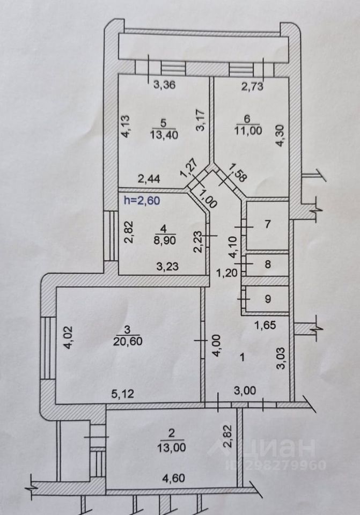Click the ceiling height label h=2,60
(x=142, y=200)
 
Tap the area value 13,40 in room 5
(x=164, y=135)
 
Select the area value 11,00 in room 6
(x=248, y=130)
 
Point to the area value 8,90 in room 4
(x=165, y=240)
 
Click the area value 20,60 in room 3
(x=128, y=341)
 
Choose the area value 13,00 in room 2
(x=171, y=447)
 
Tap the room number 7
(x=268, y=224)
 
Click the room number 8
(x=268, y=264)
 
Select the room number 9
(x=268, y=299)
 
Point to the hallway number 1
(x=243, y=357)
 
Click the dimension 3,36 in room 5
(x=165, y=85)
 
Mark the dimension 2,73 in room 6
(x=252, y=86)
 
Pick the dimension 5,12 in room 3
(x=123, y=393)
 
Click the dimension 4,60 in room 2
(x=173, y=478)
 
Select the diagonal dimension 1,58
(x=238, y=172)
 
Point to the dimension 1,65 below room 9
(x=266, y=325)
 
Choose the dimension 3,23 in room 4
(x=167, y=266)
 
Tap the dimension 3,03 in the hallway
(x=281, y=358)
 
